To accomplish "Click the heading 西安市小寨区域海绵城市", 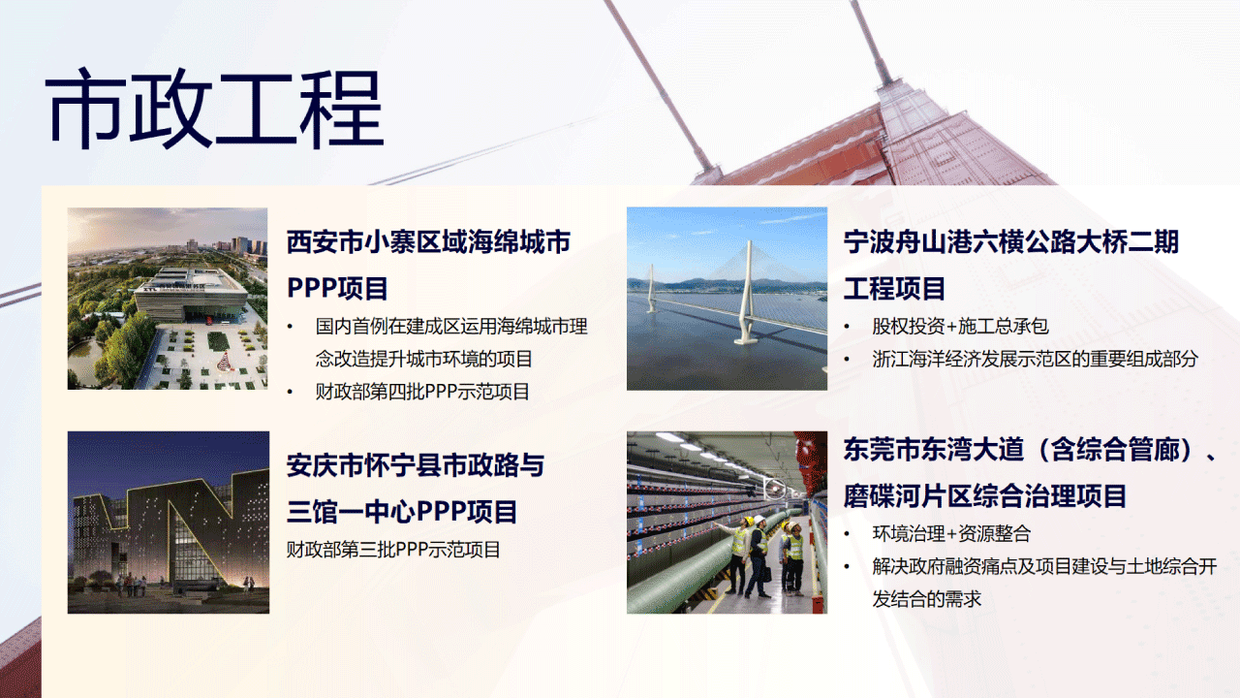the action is (x=428, y=242).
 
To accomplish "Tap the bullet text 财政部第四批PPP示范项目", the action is (x=422, y=392).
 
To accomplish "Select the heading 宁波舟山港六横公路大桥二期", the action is (x=1010, y=242).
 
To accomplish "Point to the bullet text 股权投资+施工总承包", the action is (x=960, y=327).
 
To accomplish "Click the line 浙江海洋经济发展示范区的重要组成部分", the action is (x=1036, y=359).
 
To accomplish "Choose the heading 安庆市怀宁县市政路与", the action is (x=416, y=465).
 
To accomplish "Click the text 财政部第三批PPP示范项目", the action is (x=393, y=550).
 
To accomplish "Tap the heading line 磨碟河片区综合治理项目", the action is (x=985, y=495).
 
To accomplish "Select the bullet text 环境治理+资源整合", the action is (x=951, y=533).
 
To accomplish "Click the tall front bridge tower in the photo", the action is (x=747, y=293).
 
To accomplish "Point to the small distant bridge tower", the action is (x=652, y=288).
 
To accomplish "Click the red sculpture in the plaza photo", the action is (x=223, y=363).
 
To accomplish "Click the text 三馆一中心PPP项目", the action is (x=402, y=511).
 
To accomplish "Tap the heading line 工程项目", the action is (x=894, y=288).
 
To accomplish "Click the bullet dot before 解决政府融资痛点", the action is (x=847, y=567).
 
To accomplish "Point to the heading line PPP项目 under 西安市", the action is (x=337, y=288).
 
